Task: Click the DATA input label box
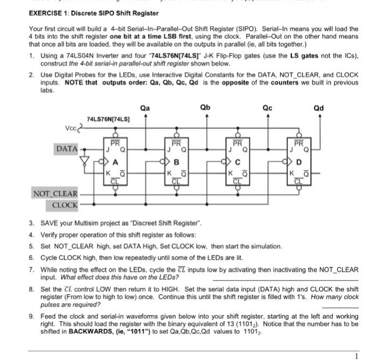pyautogui.click(x=65, y=147)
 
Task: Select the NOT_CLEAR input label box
pyautogui.click(x=56, y=193)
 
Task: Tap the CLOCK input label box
pyautogui.click(x=65, y=205)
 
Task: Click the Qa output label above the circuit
pyautogui.click(x=144, y=108)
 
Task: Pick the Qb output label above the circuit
pyautogui.click(x=205, y=108)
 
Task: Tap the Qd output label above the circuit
pyautogui.click(x=319, y=108)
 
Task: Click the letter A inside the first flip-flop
pyautogui.click(x=115, y=160)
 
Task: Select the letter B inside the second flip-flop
pyautogui.click(x=176, y=160)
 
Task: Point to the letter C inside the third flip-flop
pyautogui.click(x=237, y=160)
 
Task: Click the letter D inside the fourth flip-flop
pyautogui.click(x=299, y=160)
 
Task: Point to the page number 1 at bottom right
pyautogui.click(x=355, y=356)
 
